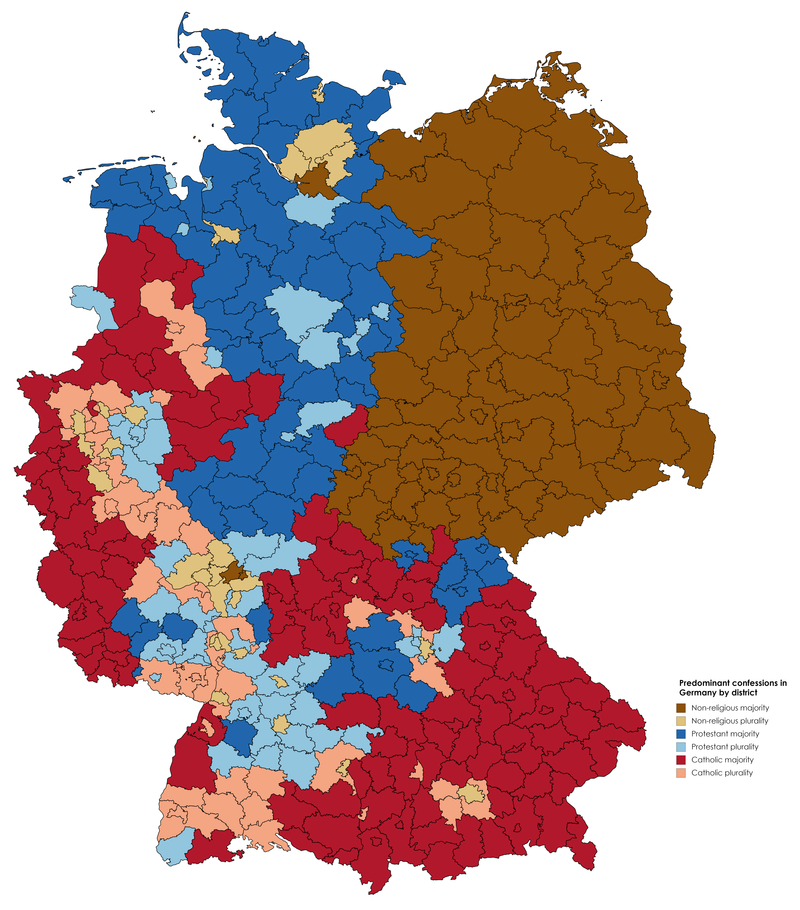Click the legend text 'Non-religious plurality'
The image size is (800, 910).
click(730, 721)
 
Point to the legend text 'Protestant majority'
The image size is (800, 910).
click(725, 734)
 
